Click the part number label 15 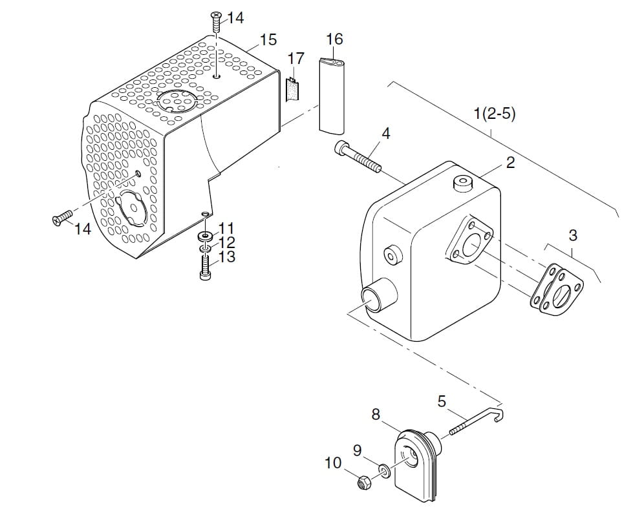tap(268, 40)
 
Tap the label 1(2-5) tap(495, 114)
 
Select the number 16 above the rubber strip tap(334, 39)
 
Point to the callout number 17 tap(295, 59)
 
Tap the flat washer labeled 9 tap(385, 470)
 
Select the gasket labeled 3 tap(557, 287)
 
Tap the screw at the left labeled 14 tap(63, 219)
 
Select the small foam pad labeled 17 tap(292, 89)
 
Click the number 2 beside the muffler tap(510, 162)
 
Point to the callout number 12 tap(227, 243)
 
